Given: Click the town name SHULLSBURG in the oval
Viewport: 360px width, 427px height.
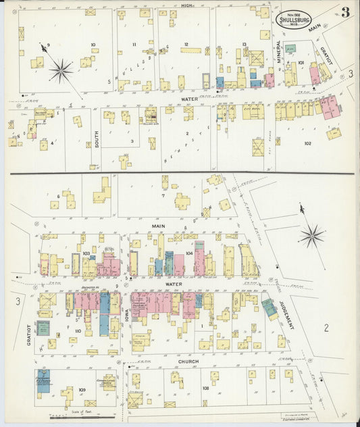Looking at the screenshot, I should click(294, 20).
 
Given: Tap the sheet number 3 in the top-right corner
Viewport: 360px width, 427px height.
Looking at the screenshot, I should click(345, 12).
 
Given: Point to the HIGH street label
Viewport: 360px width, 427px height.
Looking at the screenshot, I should click(187, 5).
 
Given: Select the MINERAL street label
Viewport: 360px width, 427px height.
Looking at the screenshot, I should click(278, 51).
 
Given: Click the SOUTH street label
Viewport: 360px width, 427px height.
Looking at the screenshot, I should click(96, 139).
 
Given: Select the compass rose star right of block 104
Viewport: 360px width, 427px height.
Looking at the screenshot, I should click(311, 236).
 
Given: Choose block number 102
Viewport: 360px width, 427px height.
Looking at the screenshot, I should click(308, 143).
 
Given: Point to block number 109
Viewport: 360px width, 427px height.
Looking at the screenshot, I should click(82, 391).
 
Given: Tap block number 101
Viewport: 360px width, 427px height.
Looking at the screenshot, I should click(301, 63).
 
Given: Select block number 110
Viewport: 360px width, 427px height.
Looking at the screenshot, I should click(78, 330).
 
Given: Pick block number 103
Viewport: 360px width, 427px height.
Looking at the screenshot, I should click(86, 254).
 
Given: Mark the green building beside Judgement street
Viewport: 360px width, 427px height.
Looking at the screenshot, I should click(270, 308).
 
